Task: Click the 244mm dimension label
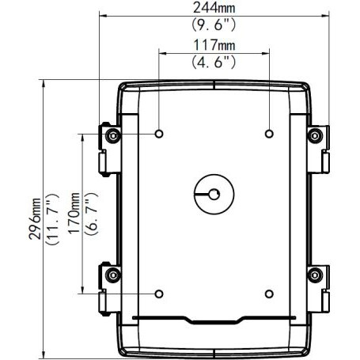pyautogui.click(x=214, y=8)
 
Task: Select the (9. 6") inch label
pyautogui.click(x=214, y=25)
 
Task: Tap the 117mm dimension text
pyautogui.click(x=214, y=45)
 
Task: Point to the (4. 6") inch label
pyautogui.click(x=214, y=63)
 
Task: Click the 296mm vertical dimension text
pyautogui.click(x=35, y=218)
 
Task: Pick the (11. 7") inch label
pyautogui.click(x=52, y=220)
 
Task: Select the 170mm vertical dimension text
pyautogui.click(x=74, y=213)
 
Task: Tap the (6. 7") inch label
pyautogui.click(x=91, y=214)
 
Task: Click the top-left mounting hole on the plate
pyautogui.click(x=159, y=134)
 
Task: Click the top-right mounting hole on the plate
pyautogui.click(x=269, y=134)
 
